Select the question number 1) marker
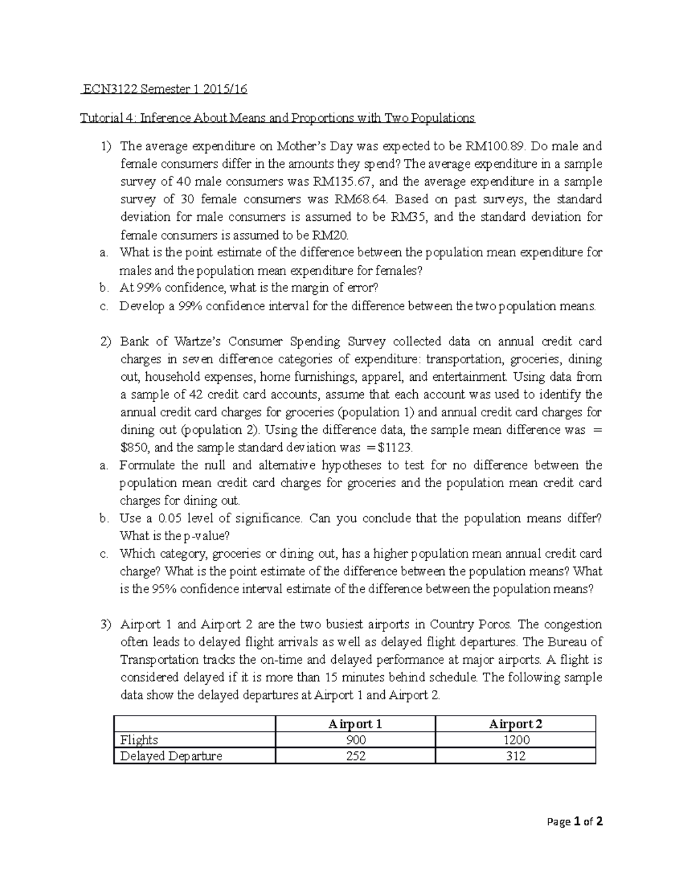[x=105, y=146]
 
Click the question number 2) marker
[x=105, y=342]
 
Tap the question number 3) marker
[x=105, y=624]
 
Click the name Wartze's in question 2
[x=197, y=342]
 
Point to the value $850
[x=133, y=447]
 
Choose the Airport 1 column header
[x=355, y=723]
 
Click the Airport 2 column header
[x=516, y=723]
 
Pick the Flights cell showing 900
[x=355, y=740]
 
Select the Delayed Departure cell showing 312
[x=516, y=756]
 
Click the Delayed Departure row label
[x=171, y=756]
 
